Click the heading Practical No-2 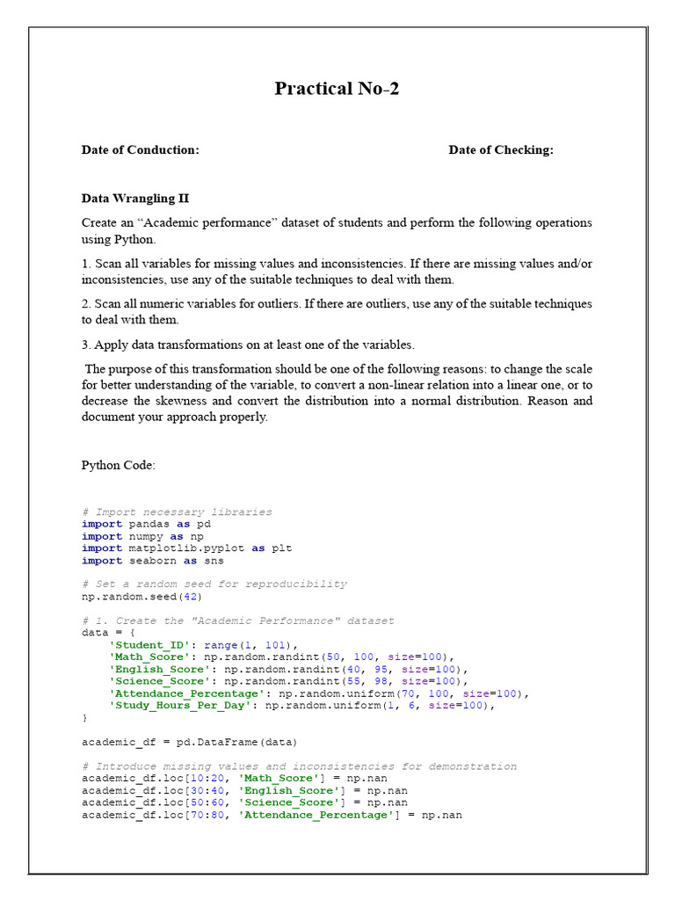(337, 88)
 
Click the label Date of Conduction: (141, 149)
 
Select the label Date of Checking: (501, 149)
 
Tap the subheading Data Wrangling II (135, 199)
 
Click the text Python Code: (119, 465)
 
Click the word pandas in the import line (149, 524)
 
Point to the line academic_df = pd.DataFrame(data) (190, 741)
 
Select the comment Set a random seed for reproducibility (214, 584)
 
